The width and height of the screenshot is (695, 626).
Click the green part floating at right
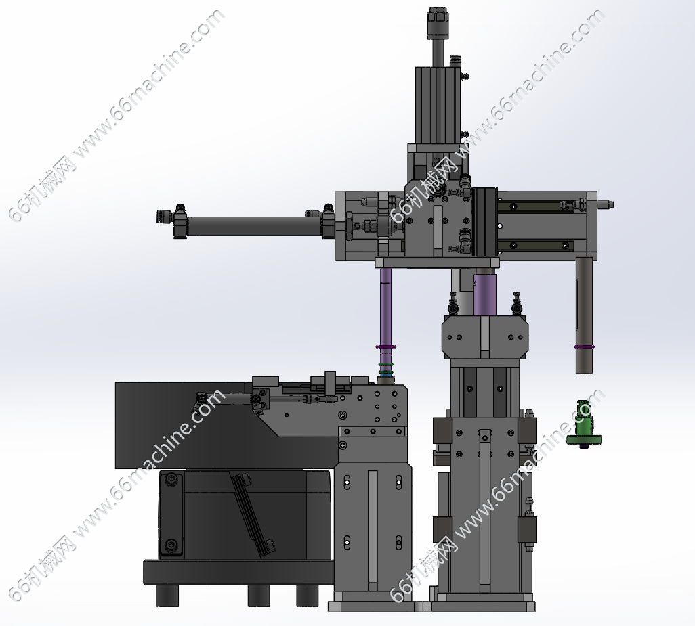tap(584, 424)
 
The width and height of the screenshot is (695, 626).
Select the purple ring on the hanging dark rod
tap(584, 346)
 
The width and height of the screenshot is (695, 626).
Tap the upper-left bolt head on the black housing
tap(171, 478)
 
